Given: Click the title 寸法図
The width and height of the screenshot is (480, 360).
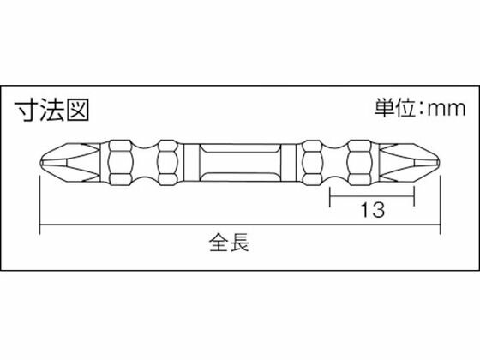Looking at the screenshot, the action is [51, 110].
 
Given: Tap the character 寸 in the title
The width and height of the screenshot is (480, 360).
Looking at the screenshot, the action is [27, 110].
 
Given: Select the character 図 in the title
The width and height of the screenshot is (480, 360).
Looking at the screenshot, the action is [78, 110].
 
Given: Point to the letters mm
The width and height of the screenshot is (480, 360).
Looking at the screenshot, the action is [447, 109].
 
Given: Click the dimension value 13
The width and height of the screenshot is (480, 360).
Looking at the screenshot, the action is [373, 210].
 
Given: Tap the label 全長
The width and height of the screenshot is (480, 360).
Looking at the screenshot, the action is [229, 242].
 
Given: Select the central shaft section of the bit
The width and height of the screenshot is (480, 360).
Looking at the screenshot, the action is [240, 162].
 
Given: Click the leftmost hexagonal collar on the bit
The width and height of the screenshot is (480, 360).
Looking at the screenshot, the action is [121, 163].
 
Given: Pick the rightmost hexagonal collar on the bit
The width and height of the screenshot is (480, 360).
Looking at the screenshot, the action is [360, 163].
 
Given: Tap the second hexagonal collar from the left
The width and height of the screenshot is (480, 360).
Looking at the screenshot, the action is [167, 163].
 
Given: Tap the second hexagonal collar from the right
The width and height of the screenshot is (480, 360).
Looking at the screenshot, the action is [313, 163].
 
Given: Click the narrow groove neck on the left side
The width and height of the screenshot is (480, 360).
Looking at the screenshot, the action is [146, 163].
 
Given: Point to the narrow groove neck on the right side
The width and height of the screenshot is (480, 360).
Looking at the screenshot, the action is [335, 163].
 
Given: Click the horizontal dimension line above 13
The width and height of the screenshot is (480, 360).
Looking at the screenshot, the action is [372, 196].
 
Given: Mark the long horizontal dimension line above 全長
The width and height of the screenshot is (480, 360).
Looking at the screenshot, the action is [240, 225].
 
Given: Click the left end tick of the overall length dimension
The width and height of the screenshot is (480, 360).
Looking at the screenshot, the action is [40, 205].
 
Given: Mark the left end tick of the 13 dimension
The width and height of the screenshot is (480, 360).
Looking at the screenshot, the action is [330, 196].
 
